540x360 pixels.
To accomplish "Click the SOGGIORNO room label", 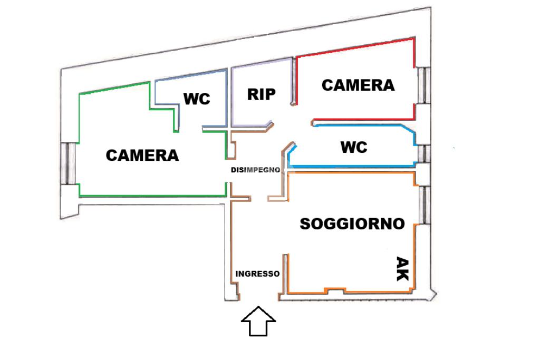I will [352, 223].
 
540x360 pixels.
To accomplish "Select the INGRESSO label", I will [257, 274].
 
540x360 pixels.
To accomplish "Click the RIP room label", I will [262, 94].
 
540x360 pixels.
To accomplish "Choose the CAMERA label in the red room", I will [358, 85].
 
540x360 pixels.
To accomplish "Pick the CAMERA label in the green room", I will [142, 155].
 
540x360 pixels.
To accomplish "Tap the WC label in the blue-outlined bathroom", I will [353, 148].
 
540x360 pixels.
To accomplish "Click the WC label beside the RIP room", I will [196, 99].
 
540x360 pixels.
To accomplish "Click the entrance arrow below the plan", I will [258, 322].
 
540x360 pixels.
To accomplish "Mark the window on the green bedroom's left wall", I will [68, 163].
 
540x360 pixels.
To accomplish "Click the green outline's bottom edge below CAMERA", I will [153, 196].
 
